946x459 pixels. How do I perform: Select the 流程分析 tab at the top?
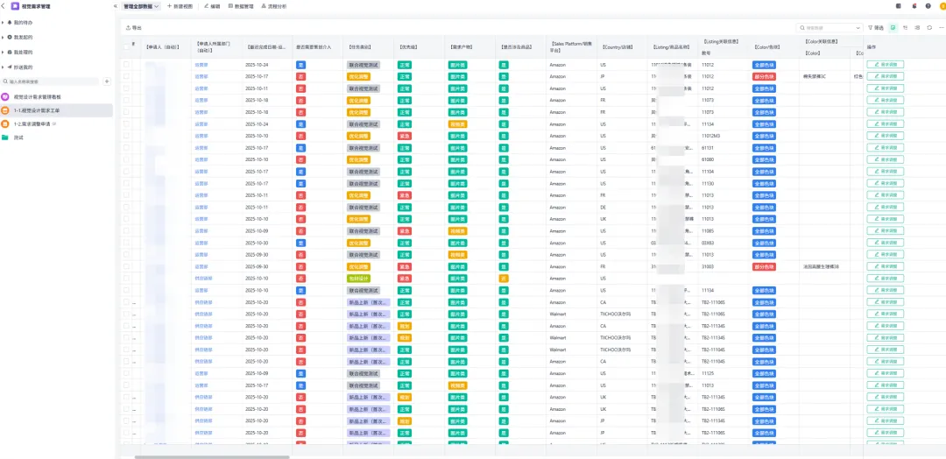tap(273, 6)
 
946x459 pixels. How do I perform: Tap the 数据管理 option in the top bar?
tap(242, 6)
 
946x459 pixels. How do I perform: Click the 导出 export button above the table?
tap(134, 28)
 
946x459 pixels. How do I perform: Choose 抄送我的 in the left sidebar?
tap(23, 67)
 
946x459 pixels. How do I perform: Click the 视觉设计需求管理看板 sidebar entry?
tap(44, 96)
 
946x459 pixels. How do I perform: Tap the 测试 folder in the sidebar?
tap(18, 138)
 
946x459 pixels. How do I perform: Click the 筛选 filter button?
tap(876, 28)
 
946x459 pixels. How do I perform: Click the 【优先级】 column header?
tap(408, 46)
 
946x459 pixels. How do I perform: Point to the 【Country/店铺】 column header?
tap(618, 46)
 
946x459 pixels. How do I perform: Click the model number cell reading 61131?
tap(708, 148)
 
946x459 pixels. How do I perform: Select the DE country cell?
tap(604, 207)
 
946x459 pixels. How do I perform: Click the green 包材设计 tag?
tap(359, 278)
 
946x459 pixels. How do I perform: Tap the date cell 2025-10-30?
tap(257, 243)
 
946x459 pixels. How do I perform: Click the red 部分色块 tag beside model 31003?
tap(764, 266)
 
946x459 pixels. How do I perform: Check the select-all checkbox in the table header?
tap(126, 46)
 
